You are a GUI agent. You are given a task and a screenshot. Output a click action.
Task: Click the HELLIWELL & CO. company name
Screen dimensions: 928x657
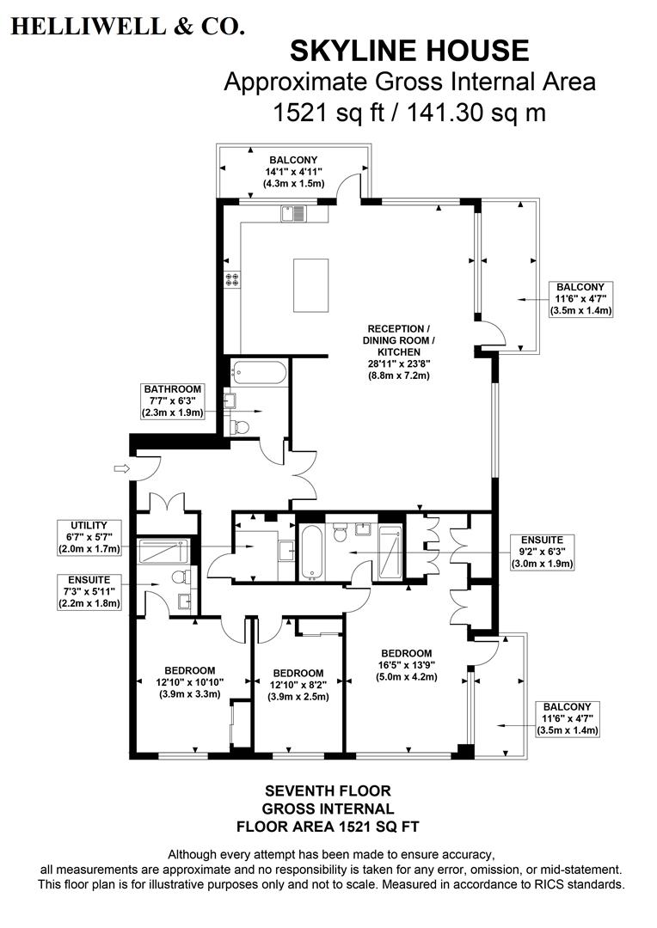coord(127,26)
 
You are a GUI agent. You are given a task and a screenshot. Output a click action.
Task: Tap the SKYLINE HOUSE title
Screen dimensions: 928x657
coord(408,51)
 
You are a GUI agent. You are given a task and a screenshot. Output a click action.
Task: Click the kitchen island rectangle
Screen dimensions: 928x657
coord(310,285)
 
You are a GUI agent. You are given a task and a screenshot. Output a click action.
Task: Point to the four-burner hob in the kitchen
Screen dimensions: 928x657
coord(231,278)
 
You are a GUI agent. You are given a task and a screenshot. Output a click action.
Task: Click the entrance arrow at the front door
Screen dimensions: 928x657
coord(120,468)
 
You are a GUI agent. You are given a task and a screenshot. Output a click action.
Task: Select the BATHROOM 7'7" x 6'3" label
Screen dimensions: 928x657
coord(172,401)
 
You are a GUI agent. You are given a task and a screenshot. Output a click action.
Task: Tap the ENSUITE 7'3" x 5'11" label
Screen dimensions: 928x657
coord(89,591)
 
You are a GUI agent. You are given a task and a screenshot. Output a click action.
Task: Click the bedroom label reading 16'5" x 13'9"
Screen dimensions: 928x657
coord(407,664)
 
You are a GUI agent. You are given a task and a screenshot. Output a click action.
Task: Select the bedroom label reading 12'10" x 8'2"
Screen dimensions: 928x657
coord(298,684)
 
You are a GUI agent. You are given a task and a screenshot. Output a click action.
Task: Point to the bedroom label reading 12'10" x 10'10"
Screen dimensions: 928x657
coord(189,682)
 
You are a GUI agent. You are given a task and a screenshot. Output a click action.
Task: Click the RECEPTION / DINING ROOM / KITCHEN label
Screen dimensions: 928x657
coord(396,351)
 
